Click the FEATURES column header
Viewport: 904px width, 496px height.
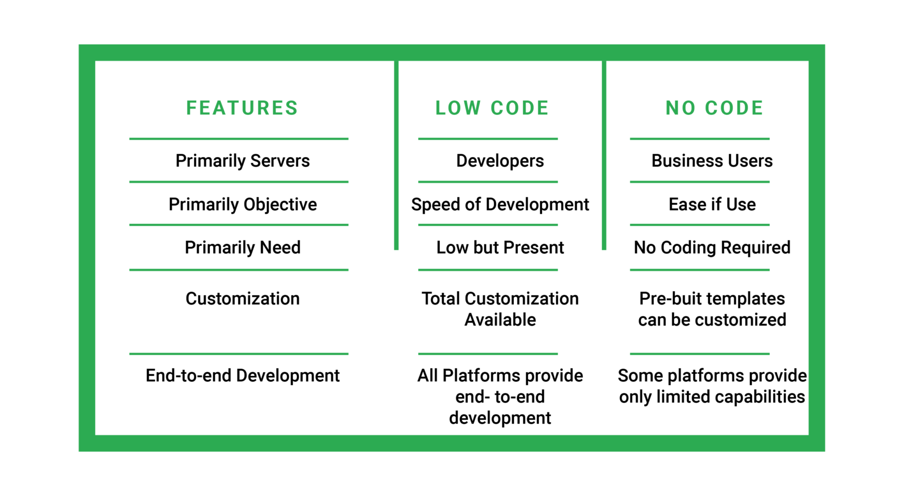pos(242,108)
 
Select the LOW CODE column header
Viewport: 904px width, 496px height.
pos(492,108)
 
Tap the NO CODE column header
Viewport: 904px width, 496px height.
pos(715,108)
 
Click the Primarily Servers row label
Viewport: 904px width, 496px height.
pos(242,161)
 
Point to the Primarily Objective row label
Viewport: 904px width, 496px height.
pos(242,204)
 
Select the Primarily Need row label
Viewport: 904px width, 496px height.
pos(242,248)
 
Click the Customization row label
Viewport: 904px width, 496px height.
pos(242,299)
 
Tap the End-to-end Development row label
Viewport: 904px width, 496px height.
pos(242,376)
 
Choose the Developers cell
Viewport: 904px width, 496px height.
pos(500,161)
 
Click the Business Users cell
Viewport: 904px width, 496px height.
pos(712,161)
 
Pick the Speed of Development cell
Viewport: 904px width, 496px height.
pos(500,204)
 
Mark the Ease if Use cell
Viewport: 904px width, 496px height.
pos(712,204)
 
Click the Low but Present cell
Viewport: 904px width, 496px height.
pos(500,248)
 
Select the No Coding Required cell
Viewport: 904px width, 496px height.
pos(712,248)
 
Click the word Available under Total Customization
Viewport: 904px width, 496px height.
pos(500,320)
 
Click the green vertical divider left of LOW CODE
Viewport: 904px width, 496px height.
pos(396,154)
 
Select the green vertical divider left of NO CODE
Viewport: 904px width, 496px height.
pos(604,154)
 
